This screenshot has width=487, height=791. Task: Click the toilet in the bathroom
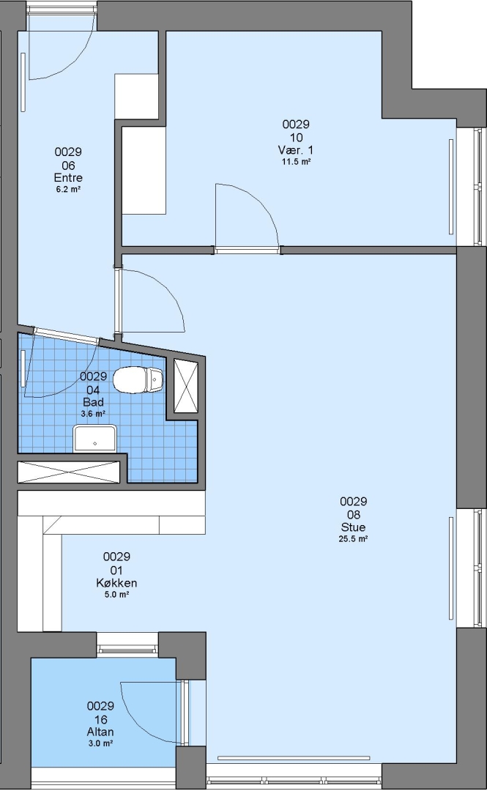[x=138, y=380]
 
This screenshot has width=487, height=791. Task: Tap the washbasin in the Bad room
[x=95, y=439]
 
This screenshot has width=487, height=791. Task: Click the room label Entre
[x=68, y=177]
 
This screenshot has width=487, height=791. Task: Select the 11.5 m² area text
[x=296, y=162]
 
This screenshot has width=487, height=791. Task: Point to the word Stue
[x=353, y=527]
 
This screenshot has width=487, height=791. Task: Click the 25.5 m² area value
[x=353, y=539]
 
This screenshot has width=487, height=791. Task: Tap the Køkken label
[x=116, y=583]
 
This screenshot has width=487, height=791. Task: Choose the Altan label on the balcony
[x=100, y=732]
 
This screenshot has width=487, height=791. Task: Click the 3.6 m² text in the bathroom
[x=93, y=414]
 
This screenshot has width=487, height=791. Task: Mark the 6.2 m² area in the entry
[x=69, y=190]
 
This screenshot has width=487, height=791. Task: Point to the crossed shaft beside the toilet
[x=186, y=386]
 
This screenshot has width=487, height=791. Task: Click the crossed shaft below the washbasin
[x=69, y=472]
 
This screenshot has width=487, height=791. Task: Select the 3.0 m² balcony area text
[x=100, y=743]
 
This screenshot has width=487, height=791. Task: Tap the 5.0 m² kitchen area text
[x=116, y=595]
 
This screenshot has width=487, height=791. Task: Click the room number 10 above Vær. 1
[x=297, y=138]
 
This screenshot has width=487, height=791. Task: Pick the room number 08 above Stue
[x=353, y=515]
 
